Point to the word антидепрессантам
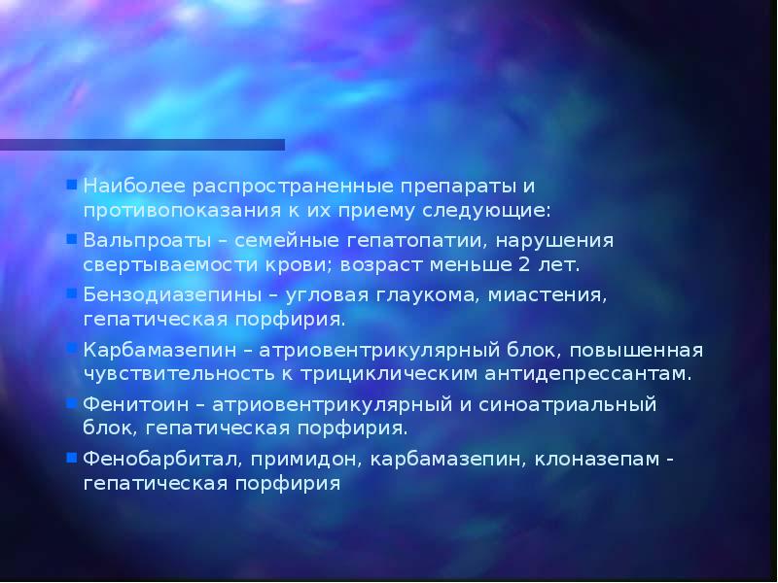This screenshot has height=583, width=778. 582,372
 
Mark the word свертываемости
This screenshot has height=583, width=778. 164,263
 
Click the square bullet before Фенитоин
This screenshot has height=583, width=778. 72,401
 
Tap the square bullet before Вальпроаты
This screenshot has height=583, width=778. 72,238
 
